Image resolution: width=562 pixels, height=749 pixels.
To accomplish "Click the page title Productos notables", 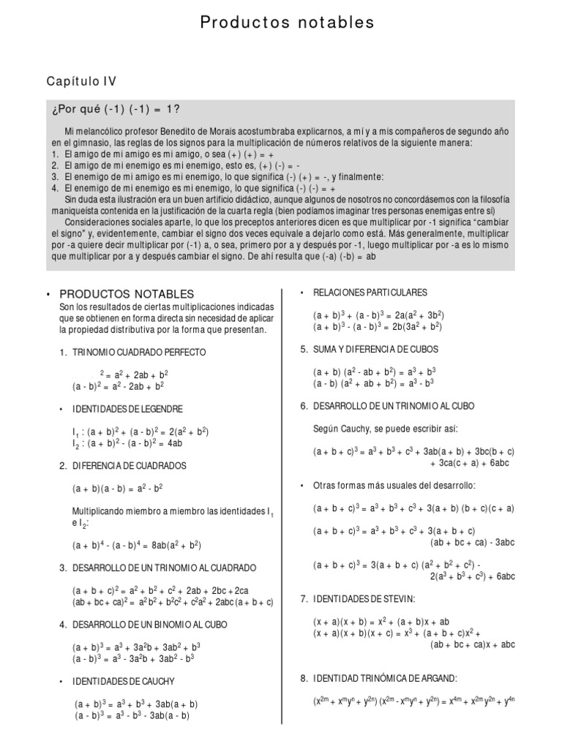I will coord(287,23).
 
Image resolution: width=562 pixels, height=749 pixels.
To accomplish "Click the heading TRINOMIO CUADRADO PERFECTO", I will coord(139,353).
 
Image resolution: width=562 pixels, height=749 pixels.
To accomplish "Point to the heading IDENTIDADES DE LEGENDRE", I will coord(127,409).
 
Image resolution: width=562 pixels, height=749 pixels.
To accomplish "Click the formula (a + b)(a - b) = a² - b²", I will coord(117,488).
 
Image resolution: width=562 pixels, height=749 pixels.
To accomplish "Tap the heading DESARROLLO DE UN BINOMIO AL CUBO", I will coord(149,625).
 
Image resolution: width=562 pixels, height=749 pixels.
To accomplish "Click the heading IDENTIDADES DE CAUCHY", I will coord(123,682).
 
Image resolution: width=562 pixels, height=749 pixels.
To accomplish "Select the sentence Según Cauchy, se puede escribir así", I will coord(385,429).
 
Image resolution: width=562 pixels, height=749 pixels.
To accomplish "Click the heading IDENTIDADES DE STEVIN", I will coord(364,599).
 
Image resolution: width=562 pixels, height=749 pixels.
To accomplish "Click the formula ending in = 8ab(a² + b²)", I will coord(137,545).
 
